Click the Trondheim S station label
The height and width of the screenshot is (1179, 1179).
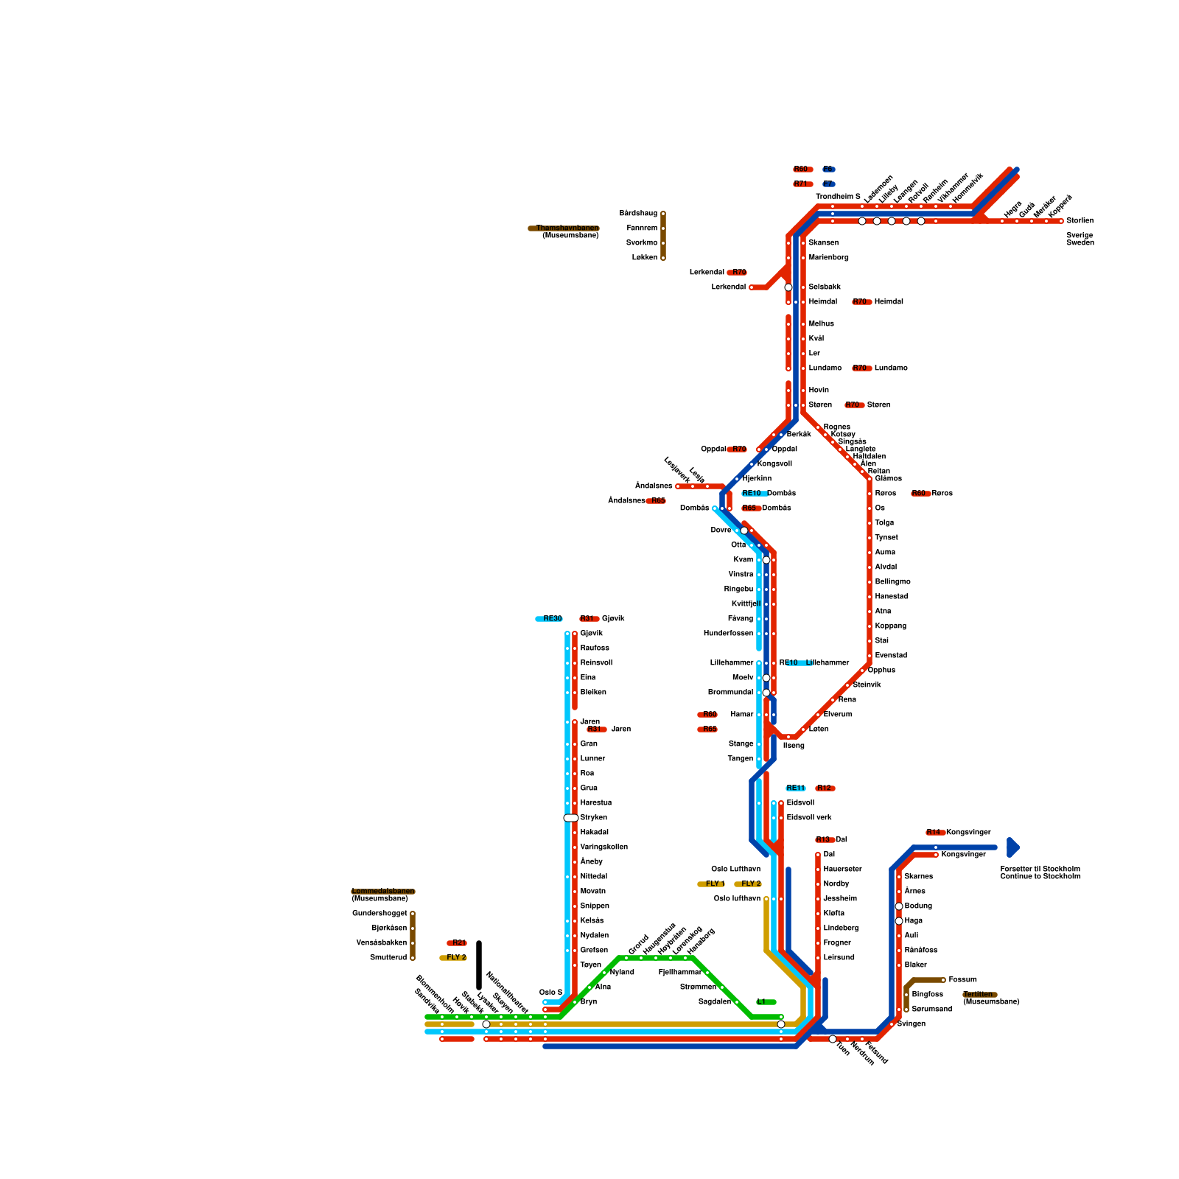(838, 197)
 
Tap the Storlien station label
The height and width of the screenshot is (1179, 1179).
(1080, 220)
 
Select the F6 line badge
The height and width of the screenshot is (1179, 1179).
(829, 169)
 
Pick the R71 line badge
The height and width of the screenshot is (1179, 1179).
(802, 184)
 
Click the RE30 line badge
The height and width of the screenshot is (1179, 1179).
(549, 619)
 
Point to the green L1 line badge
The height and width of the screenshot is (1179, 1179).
(765, 1002)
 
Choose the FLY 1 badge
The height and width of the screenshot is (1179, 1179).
(713, 884)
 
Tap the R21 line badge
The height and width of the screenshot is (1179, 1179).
(457, 943)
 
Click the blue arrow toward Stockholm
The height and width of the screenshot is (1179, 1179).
(1013, 847)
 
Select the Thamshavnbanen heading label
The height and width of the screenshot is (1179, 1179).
(564, 228)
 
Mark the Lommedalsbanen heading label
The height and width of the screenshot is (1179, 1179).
(383, 892)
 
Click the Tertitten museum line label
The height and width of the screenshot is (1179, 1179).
(980, 995)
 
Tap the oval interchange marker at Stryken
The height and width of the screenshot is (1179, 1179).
(571, 818)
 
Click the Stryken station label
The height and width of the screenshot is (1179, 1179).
(594, 818)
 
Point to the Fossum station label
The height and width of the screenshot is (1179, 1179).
(962, 980)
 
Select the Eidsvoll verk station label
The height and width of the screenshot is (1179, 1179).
(808, 818)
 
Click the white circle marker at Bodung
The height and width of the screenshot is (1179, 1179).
(899, 906)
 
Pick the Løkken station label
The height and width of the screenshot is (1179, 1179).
(645, 258)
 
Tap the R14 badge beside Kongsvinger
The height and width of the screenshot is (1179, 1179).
(935, 833)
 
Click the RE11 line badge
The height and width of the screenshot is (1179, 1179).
(796, 788)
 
